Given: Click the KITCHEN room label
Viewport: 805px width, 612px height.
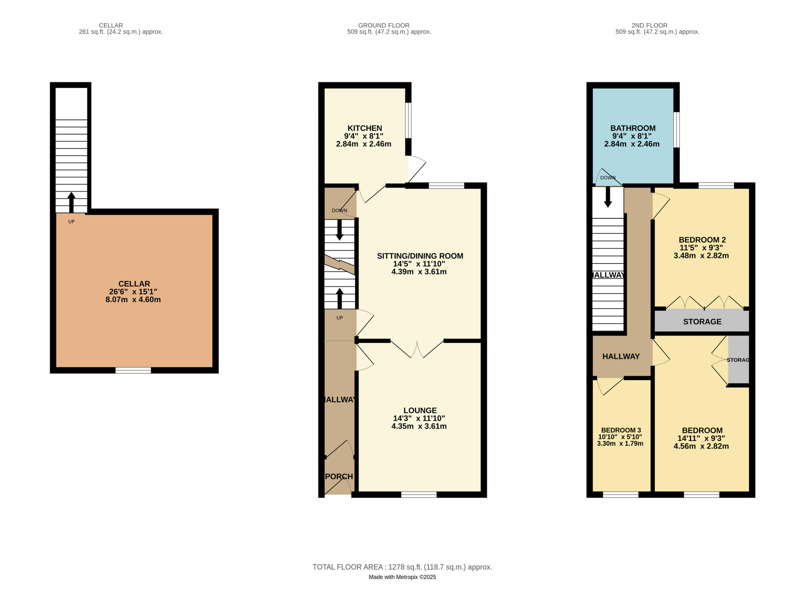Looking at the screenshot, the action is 364,128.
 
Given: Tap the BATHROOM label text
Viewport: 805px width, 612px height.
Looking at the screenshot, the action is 633,128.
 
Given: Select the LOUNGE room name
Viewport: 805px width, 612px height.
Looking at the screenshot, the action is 420,410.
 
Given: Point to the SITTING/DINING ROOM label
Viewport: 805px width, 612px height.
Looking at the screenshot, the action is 420,256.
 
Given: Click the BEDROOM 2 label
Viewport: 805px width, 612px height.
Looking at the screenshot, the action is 702,240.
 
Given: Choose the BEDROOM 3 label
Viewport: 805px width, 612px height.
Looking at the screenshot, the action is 621,430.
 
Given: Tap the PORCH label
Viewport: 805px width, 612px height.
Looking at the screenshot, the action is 339,476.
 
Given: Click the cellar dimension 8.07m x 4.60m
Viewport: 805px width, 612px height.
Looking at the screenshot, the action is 133,300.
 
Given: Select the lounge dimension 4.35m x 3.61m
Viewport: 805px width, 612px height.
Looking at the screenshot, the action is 419,426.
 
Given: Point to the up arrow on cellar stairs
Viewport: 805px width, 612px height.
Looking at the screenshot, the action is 71,202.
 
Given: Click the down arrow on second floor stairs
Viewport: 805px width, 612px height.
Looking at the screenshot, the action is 608,197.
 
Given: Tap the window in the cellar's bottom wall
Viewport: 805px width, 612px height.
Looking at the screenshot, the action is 133,370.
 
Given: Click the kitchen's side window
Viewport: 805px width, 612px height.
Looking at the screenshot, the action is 408,121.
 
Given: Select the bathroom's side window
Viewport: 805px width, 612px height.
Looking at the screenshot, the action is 676,130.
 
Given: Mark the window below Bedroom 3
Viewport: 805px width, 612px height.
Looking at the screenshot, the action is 620,494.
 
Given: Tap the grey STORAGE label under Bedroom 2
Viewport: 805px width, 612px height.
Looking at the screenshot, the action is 702,322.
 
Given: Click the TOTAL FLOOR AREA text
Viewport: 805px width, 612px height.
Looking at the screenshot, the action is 402,567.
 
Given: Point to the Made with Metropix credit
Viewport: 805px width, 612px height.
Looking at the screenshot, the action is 402,577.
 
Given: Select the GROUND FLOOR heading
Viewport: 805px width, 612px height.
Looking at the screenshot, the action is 384,25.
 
